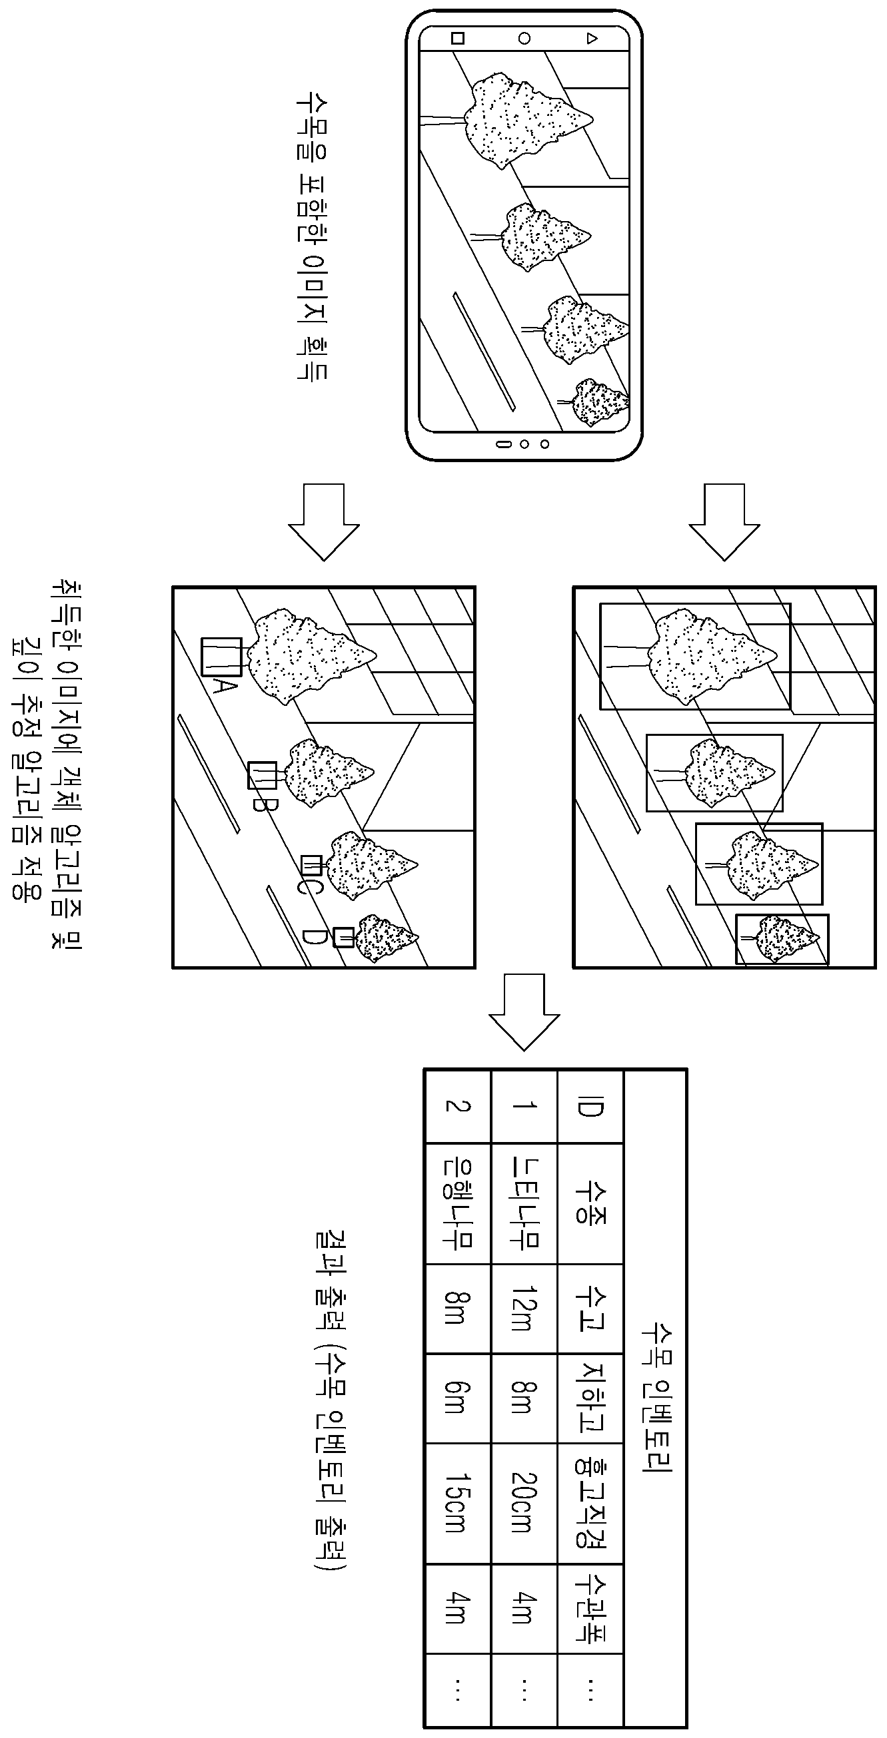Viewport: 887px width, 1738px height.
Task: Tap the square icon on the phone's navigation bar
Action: coord(458,38)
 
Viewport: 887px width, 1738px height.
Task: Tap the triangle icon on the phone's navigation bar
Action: coord(592,39)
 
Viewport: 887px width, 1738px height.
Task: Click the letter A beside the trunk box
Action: coord(224,687)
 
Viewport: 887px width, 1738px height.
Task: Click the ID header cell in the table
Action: coord(590,1107)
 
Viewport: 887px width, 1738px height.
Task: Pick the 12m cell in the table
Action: coord(524,1308)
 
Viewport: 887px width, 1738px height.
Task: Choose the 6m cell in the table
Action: coord(457,1398)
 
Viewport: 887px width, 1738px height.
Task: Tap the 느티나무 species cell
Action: coord(524,1204)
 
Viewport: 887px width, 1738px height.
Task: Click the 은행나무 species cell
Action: coord(457,1204)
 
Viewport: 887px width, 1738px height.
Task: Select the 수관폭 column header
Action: coord(590,1607)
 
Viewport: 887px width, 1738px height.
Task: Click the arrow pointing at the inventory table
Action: coord(524,1012)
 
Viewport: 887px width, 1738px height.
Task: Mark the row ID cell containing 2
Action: coord(457,1107)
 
